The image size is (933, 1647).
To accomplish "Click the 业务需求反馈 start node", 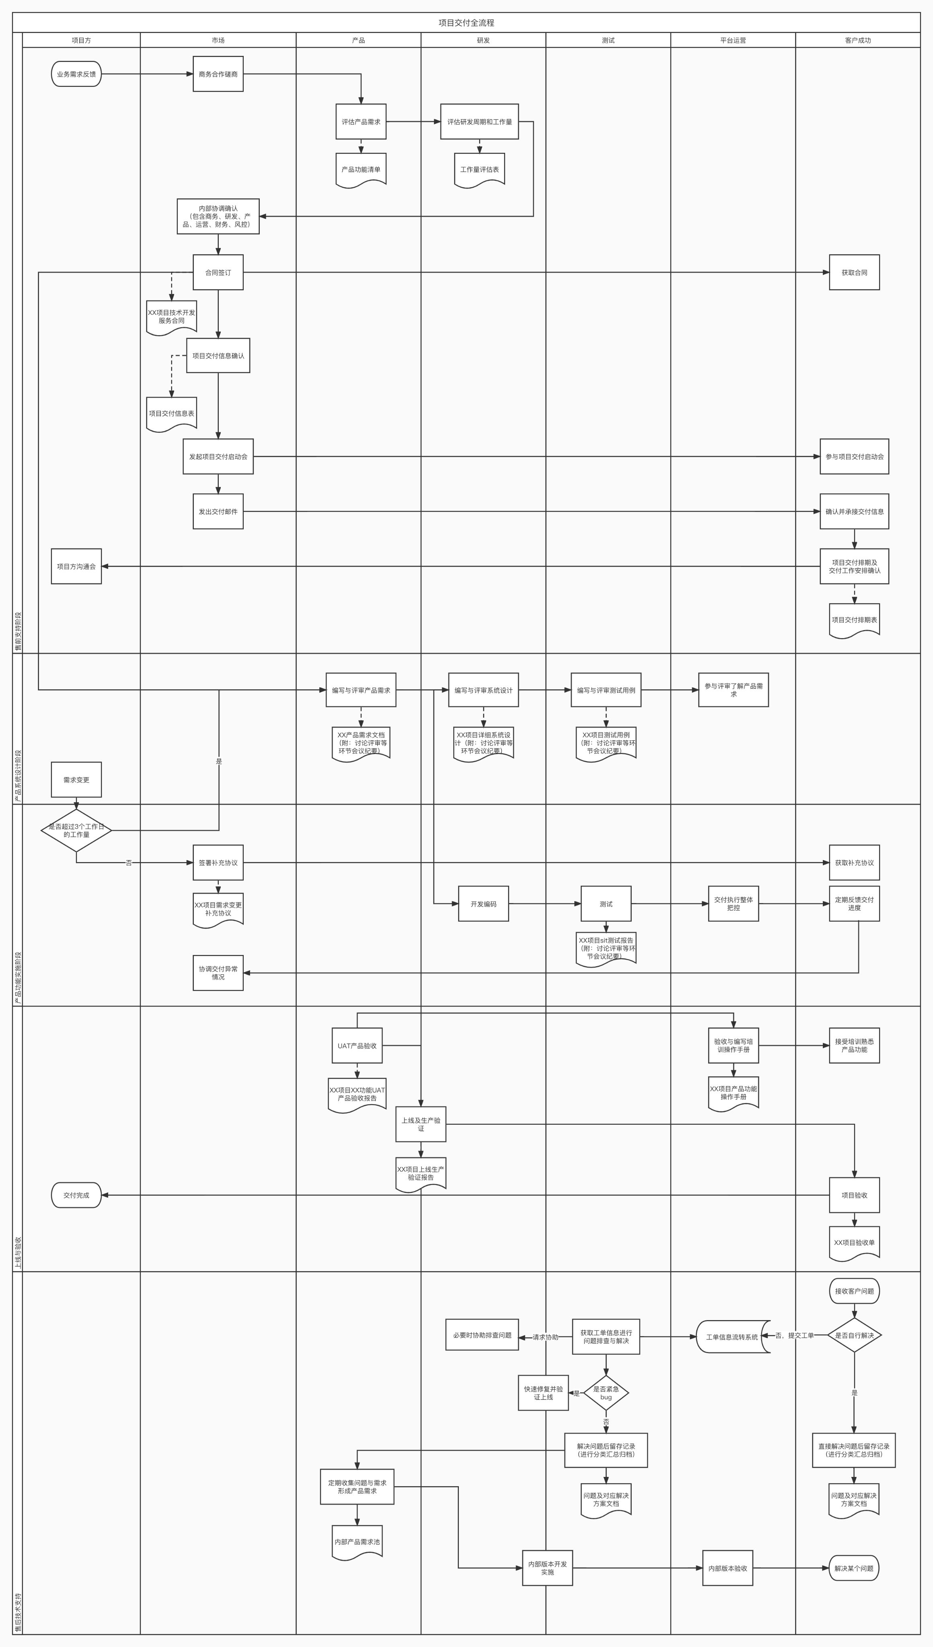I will pos(76,74).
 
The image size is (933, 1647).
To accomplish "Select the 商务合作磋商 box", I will pos(218,74).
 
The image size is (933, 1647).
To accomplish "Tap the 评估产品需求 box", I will pos(361,122).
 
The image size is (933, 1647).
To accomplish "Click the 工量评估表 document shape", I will pos(479,170).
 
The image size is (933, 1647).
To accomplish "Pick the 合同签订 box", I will pos(218,272).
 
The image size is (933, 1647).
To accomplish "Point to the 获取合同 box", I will pos(854,272).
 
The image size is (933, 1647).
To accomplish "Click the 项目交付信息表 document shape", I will pos(171,414).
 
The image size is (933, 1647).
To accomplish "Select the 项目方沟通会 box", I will pos(76,566).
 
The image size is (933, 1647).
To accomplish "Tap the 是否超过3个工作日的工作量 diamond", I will pos(76,830).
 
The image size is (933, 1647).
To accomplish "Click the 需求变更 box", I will pos(76,780).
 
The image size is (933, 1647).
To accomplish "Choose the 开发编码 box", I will pos(483,904).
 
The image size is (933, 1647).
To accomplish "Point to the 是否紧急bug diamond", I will pos(606,1393).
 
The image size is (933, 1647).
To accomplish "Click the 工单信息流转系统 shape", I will pos(732,1337).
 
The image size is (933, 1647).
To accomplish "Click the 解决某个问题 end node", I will pos(853,1568).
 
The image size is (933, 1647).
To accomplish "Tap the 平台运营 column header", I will pos(732,40).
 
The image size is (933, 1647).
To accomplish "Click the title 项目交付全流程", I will pos(466,23).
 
